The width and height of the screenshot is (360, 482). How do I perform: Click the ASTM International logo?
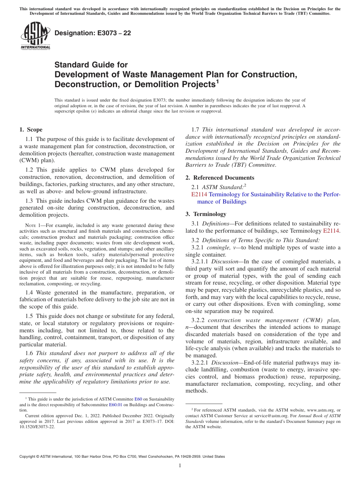click(35, 36)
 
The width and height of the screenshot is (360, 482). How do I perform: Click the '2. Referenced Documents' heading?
click(220, 178)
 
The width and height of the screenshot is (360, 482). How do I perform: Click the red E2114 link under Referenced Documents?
click(199, 194)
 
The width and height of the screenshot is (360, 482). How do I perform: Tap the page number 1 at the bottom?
click(180, 465)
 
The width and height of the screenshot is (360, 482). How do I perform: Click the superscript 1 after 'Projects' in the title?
click(218, 81)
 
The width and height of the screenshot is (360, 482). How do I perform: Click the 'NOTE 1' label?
click(32, 225)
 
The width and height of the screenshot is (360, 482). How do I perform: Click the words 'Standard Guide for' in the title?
click(91, 65)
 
